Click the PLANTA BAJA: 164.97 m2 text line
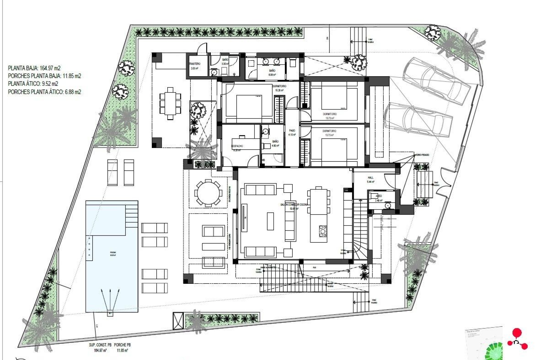[x=34, y=68]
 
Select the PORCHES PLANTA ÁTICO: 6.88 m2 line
[x=44, y=92]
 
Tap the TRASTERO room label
[x=195, y=64]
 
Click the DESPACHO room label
[x=237, y=146]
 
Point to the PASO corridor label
[x=292, y=131]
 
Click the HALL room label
[x=371, y=178]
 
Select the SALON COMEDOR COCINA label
[x=294, y=204]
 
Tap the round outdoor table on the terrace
[x=208, y=193]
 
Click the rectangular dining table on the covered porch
[x=170, y=103]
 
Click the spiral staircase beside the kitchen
[x=361, y=247]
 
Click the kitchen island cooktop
[x=323, y=231]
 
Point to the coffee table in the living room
[x=270, y=221]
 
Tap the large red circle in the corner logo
[x=517, y=332]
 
